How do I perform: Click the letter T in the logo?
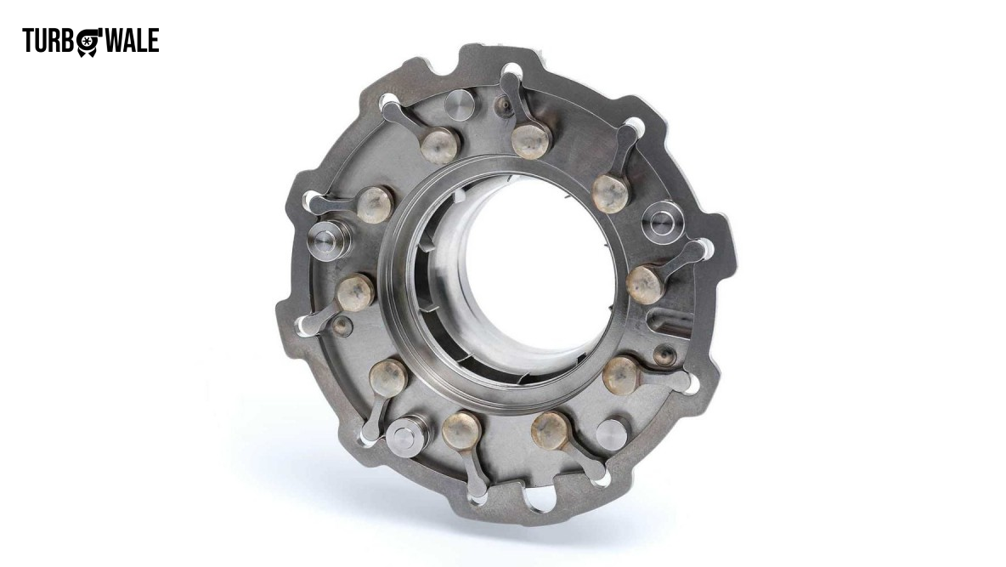(29, 41)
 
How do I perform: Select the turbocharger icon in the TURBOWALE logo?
(88, 42)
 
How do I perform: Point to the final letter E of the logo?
(152, 41)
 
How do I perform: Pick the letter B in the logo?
(67, 41)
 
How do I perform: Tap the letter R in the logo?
(54, 41)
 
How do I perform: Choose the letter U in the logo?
(42, 41)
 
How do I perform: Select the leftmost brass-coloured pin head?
(355, 292)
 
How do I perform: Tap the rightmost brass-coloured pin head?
(644, 285)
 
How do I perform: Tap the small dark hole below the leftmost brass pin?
(342, 325)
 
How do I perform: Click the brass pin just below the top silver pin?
(440, 144)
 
